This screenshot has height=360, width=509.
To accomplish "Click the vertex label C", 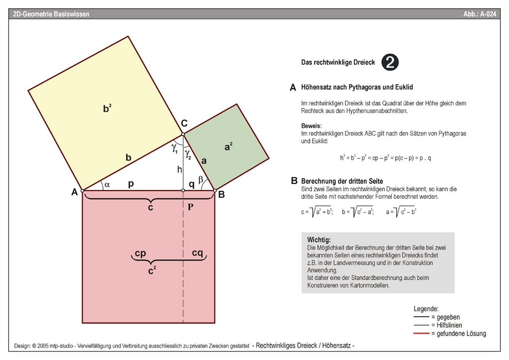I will coord(184,124).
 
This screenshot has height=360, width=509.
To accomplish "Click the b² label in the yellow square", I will coord(107,108).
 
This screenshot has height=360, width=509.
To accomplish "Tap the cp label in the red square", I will coord(140,253).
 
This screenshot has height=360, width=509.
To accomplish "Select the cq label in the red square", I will coord(198,253).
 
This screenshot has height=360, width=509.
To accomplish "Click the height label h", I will coord(179,170).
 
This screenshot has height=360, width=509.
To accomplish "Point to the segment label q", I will coord(192,183).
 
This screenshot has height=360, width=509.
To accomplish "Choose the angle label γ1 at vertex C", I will coord(175,148).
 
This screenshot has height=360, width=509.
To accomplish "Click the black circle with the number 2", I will coord(390,62).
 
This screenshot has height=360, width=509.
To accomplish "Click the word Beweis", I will coord(312,126).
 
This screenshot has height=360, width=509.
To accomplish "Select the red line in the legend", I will coord(422,333).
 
